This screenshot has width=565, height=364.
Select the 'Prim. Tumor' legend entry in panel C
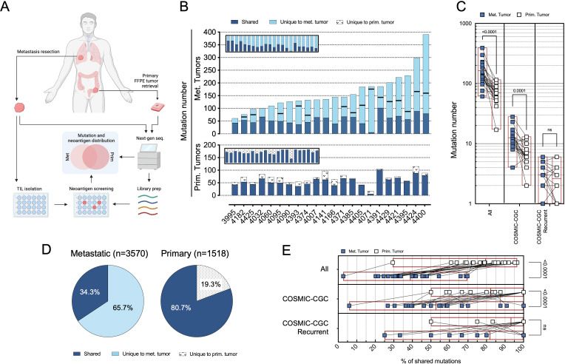pos(539,15)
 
